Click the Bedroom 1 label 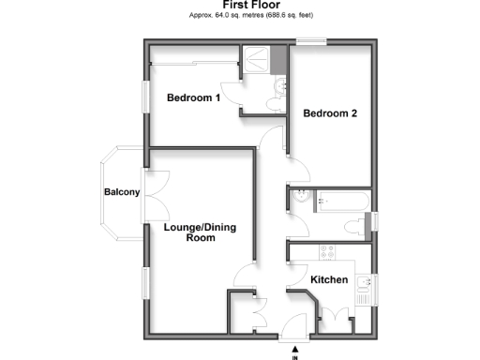click(x=193, y=97)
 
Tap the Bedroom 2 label click(x=330, y=113)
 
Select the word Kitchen click(x=329, y=280)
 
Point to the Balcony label click(x=122, y=193)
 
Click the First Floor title click(x=239, y=5)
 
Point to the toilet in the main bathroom click(x=356, y=226)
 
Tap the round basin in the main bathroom click(x=300, y=196)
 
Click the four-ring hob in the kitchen click(x=328, y=252)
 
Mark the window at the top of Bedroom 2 click(x=307, y=40)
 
